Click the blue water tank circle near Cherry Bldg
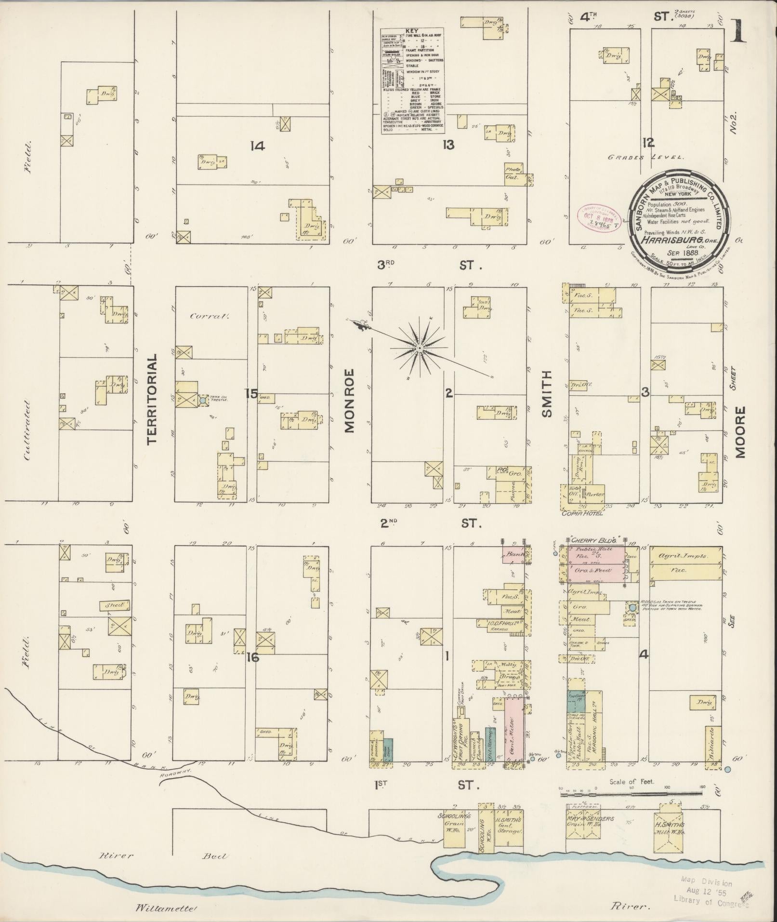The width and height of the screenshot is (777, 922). [x=632, y=608]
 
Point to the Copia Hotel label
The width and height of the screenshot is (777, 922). [x=582, y=513]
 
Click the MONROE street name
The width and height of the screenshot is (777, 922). [x=350, y=401]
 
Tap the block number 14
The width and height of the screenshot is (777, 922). [x=258, y=145]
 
